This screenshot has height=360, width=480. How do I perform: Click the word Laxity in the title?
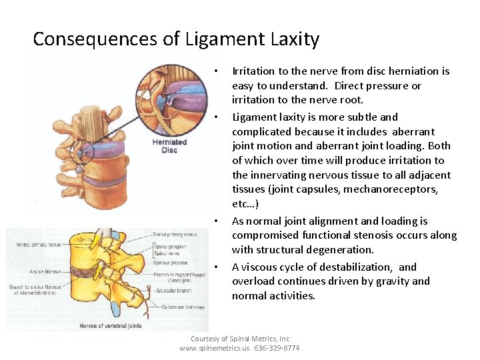coord(295,39)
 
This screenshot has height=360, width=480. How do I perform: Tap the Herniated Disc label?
coord(169,145)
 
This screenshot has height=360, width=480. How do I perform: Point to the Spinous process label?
coord(171,263)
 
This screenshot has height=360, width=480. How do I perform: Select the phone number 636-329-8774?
coord(277,348)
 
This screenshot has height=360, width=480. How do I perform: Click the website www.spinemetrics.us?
coord(215,348)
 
